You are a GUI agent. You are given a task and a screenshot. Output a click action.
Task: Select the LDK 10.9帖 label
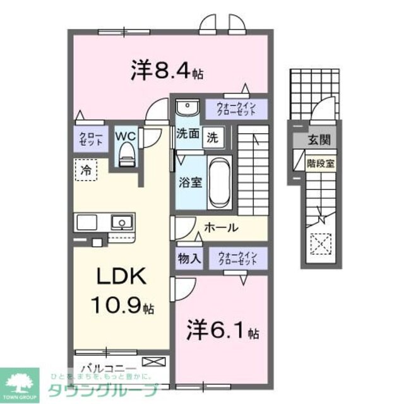[121, 290]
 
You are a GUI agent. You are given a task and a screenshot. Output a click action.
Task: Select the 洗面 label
[187, 134]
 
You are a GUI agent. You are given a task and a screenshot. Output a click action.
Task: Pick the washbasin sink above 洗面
[187, 109]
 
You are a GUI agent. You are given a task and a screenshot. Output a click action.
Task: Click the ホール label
[220, 227]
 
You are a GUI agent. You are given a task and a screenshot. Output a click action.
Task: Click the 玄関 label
[319, 140]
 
